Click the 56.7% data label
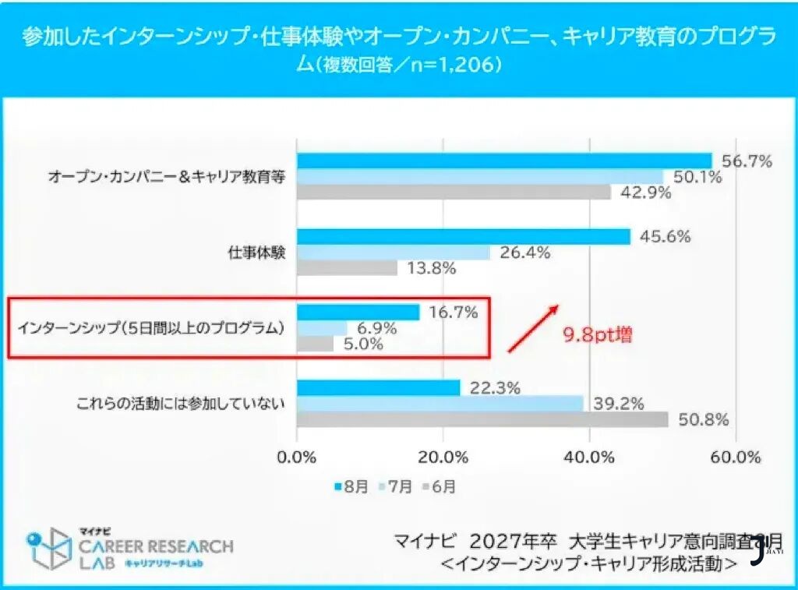[x=747, y=161]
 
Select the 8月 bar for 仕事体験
[x=463, y=237]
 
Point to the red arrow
[x=533, y=327]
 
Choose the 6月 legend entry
[x=440, y=487]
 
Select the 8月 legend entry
[x=352, y=487]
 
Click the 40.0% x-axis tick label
[x=590, y=458]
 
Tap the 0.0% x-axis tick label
[x=297, y=458]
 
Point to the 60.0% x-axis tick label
[x=735, y=458]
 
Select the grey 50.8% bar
[x=482, y=419]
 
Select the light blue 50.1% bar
[x=479, y=177]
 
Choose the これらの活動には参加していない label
[x=180, y=404]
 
